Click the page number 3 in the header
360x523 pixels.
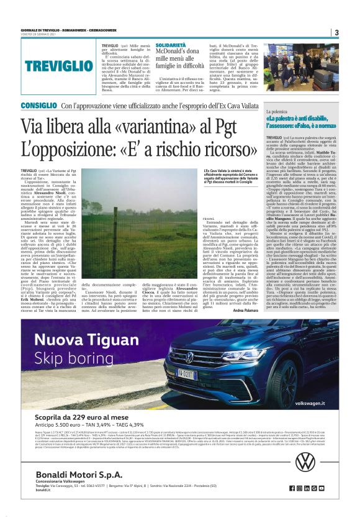click(x=336, y=32)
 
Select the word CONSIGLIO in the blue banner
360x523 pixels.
click(x=40, y=106)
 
